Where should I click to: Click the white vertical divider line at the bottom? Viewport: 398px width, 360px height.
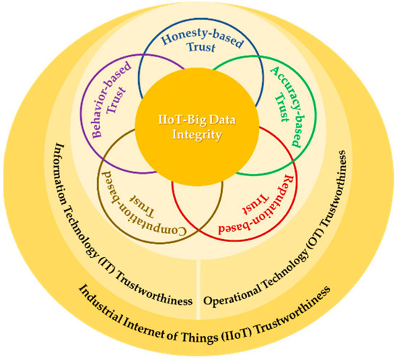tap(198, 282)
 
